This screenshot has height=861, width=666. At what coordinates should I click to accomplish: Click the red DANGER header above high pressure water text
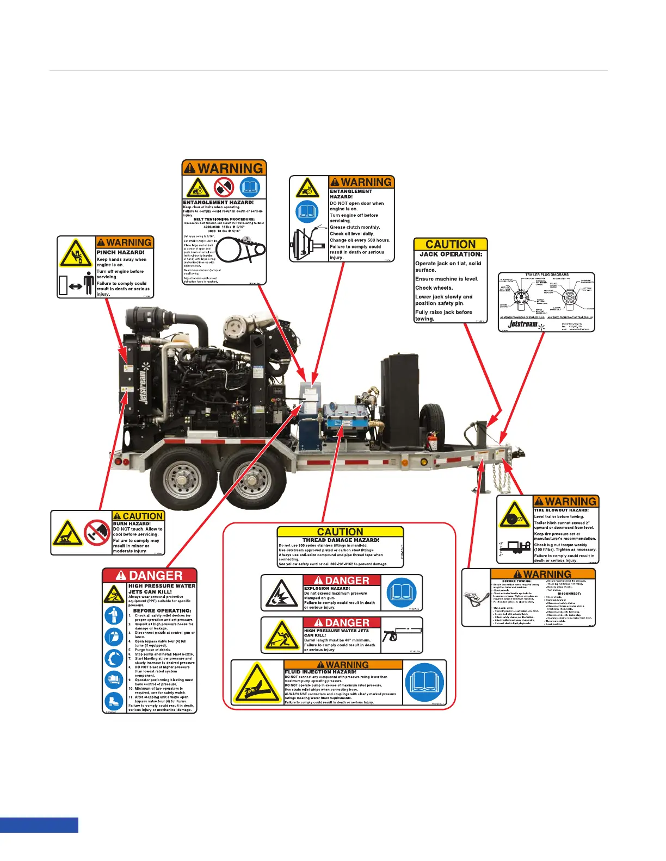150,576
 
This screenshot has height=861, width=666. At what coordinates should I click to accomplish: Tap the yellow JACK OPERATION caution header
451,245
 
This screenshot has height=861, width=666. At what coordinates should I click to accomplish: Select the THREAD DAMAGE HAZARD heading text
341,540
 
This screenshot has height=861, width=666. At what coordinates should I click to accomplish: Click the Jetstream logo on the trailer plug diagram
522,325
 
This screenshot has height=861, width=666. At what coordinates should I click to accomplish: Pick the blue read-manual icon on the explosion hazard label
403,592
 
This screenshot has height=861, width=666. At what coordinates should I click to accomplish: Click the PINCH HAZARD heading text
120,252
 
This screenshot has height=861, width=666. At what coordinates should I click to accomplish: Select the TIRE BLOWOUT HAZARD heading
561,510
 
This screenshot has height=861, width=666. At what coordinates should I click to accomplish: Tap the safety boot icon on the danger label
114,701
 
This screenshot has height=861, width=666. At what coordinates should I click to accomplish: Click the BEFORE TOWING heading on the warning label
517,581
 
